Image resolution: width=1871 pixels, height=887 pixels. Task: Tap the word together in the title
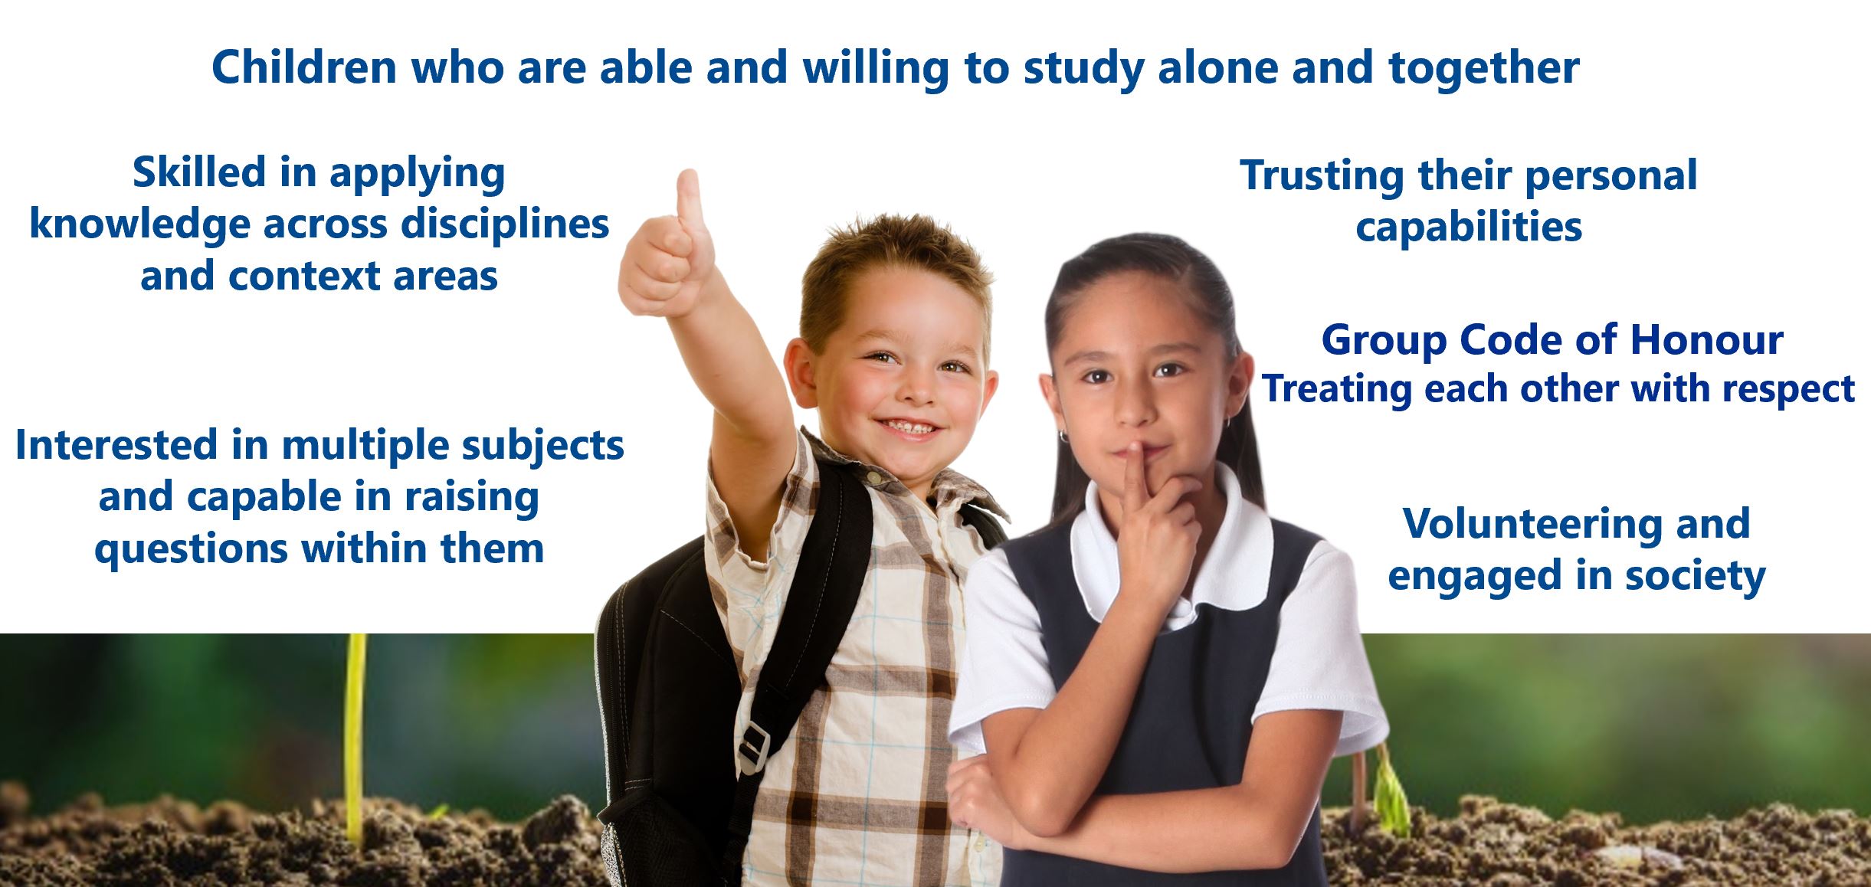[1483, 69]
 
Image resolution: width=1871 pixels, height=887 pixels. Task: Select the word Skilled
[199, 172]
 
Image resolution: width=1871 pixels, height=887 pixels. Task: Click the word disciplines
[505, 224]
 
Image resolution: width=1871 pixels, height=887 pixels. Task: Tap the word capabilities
[1469, 227]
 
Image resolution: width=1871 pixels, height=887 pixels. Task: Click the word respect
[1788, 390]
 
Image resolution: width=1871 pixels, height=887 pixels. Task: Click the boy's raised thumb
[688, 198]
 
